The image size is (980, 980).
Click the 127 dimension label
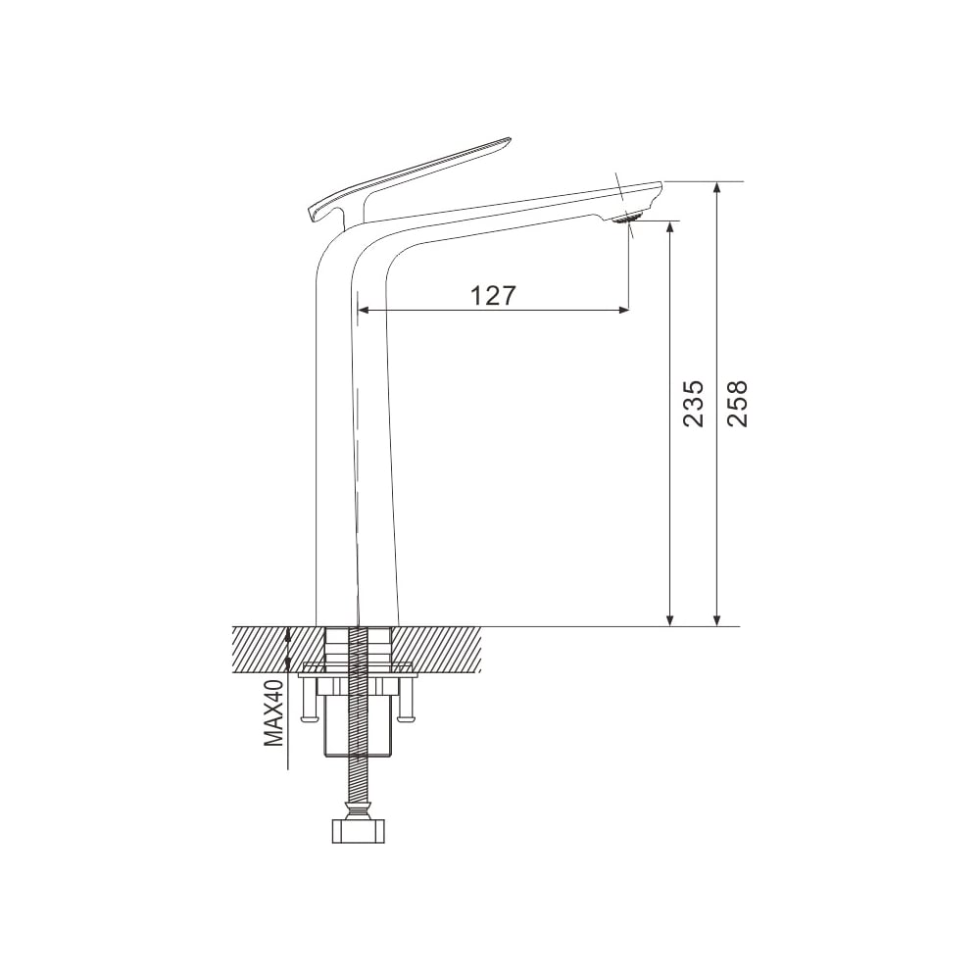click(493, 295)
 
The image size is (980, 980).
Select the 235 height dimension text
click(693, 403)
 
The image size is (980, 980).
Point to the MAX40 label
click(273, 713)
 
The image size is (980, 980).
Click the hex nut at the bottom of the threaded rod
click(358, 832)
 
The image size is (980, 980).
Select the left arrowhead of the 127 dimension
click(364, 310)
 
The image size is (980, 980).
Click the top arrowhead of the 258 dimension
click(718, 188)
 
